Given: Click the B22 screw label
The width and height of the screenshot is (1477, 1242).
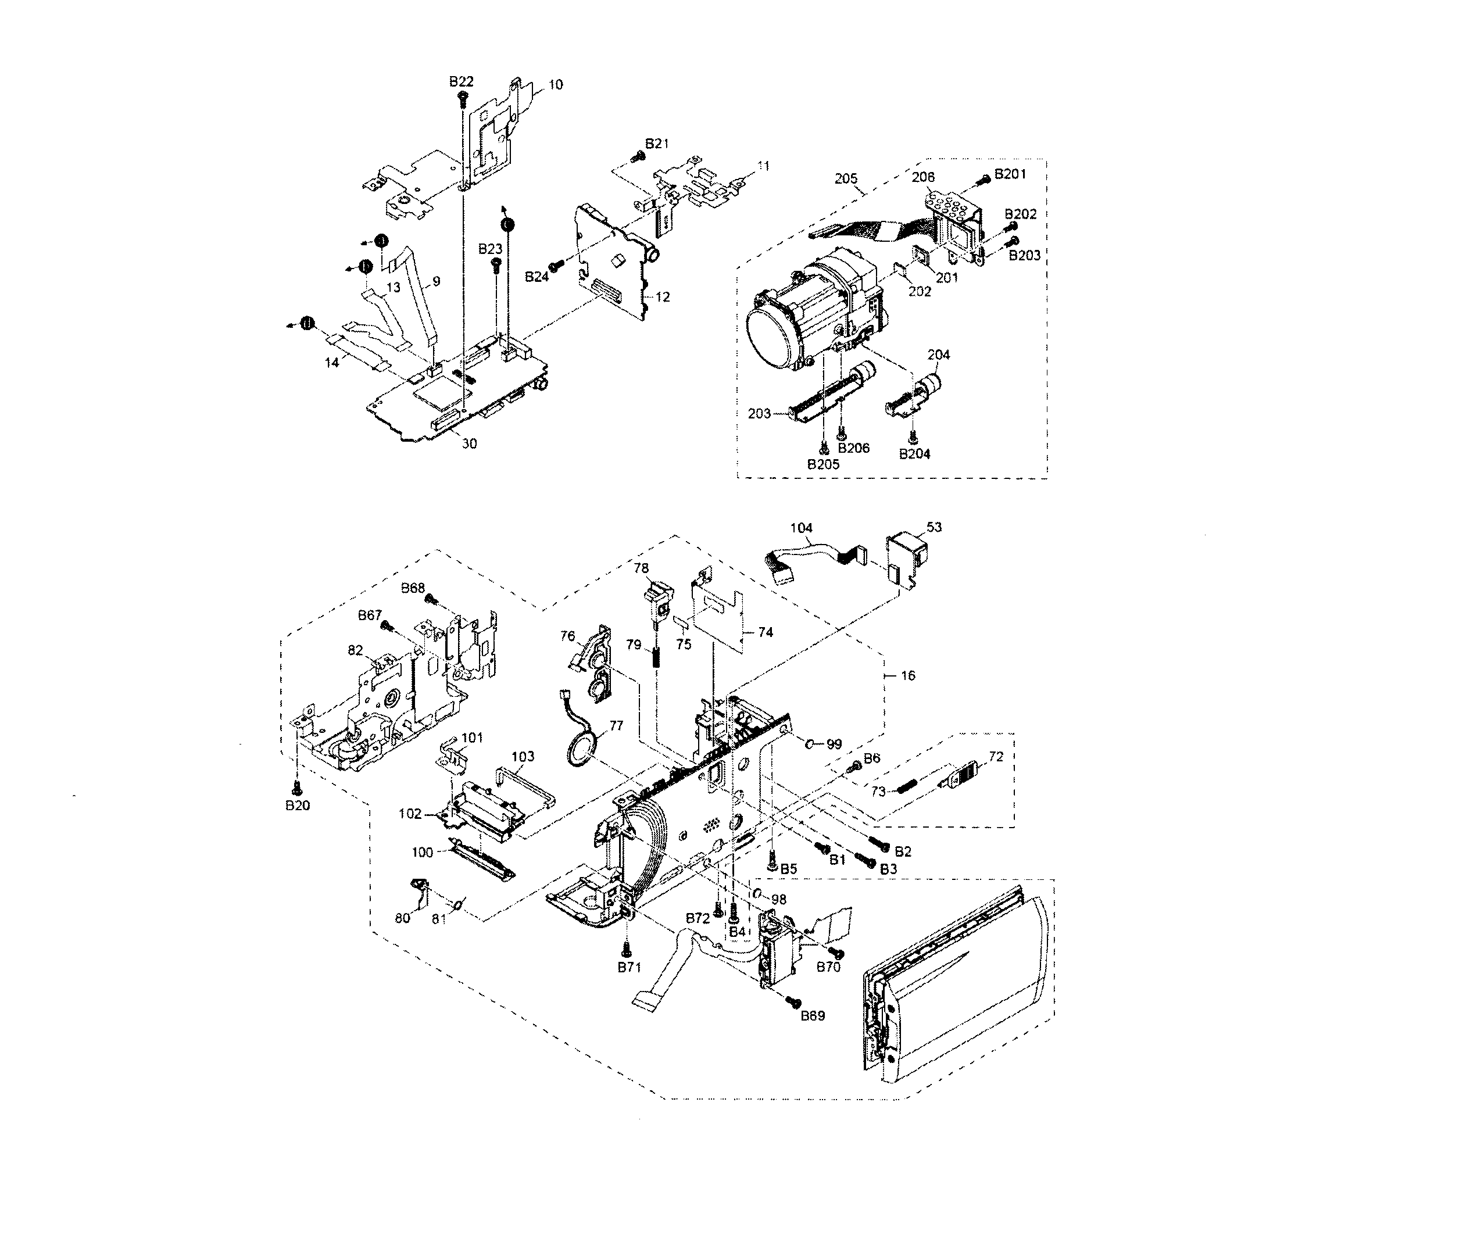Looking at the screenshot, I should (x=461, y=82).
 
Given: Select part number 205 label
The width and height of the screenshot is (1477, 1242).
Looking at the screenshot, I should (x=846, y=179).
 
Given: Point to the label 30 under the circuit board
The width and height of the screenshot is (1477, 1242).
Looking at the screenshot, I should (x=469, y=443).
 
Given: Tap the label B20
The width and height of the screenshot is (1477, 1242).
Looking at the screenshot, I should (x=297, y=806).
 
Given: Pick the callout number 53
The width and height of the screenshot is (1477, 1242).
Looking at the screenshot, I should (x=934, y=527).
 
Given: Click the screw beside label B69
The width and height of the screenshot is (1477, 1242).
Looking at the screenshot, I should (x=794, y=1000).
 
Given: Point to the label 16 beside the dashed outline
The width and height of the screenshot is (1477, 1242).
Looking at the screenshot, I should (x=908, y=675).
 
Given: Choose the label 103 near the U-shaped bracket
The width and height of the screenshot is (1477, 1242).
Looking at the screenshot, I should (x=523, y=756).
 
